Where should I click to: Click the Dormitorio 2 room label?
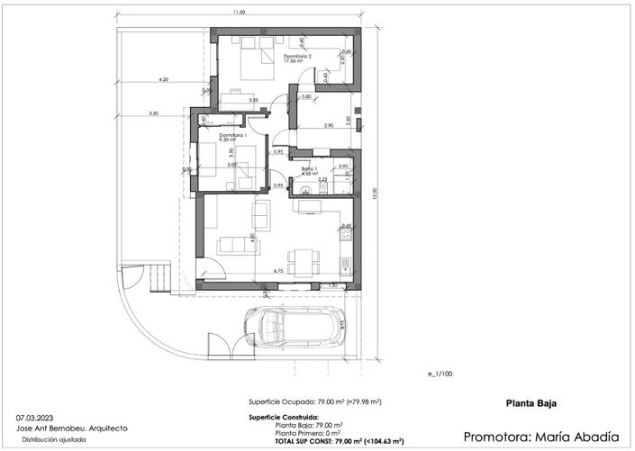(x=298, y=58)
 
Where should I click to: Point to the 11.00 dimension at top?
(x=238, y=13)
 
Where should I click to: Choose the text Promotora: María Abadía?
(x=541, y=437)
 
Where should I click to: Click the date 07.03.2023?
(x=34, y=418)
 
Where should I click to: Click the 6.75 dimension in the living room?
(x=278, y=270)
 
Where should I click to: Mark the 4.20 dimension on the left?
(x=163, y=80)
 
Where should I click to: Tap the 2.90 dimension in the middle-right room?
(x=329, y=125)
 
